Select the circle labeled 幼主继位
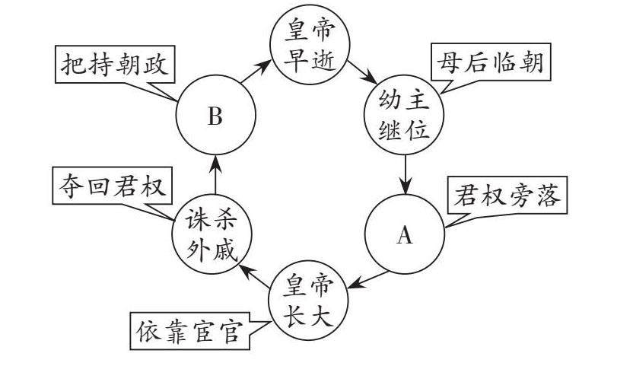(405, 116)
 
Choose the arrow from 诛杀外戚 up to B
(215, 174)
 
